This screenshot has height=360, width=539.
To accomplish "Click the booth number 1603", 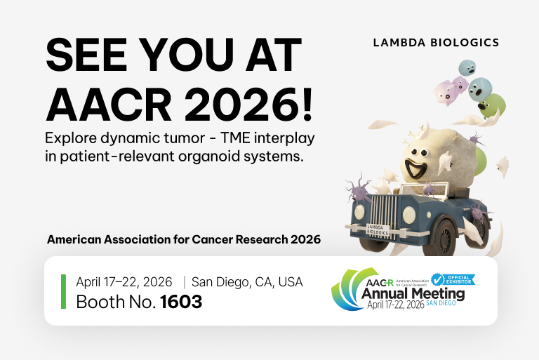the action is pyautogui.click(x=181, y=302).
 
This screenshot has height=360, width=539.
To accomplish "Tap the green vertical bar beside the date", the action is pyautogui.click(x=63, y=291).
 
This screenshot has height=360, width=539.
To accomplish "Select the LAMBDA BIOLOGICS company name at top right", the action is pyautogui.click(x=436, y=43).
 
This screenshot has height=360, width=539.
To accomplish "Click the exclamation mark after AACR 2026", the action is pyautogui.click(x=307, y=104).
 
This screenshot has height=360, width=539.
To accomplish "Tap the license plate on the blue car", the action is pyautogui.click(x=378, y=230).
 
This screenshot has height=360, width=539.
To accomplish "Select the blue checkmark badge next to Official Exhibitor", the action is pyautogui.click(x=438, y=280).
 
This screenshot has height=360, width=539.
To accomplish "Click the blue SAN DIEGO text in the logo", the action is pyautogui.click(x=441, y=303).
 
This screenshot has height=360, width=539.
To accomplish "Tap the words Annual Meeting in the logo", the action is pyautogui.click(x=413, y=293).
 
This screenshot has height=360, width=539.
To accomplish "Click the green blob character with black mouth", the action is pyautogui.click(x=492, y=105).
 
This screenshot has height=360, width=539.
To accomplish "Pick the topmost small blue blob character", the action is pyautogui.click(x=467, y=67).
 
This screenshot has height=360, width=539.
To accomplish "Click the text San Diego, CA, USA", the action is pyautogui.click(x=247, y=282).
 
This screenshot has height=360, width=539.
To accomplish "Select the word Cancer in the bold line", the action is pyautogui.click(x=207, y=239).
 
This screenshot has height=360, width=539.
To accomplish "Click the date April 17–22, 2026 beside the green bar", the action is pyautogui.click(x=124, y=282).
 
